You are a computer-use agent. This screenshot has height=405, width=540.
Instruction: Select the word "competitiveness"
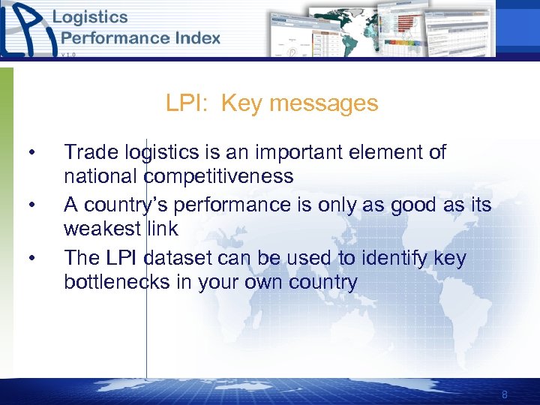(x=218, y=176)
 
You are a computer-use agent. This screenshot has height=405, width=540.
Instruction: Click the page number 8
(x=505, y=394)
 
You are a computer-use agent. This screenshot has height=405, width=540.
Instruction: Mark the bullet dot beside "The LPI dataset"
(x=31, y=259)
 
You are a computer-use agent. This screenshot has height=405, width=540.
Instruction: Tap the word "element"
(x=382, y=152)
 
